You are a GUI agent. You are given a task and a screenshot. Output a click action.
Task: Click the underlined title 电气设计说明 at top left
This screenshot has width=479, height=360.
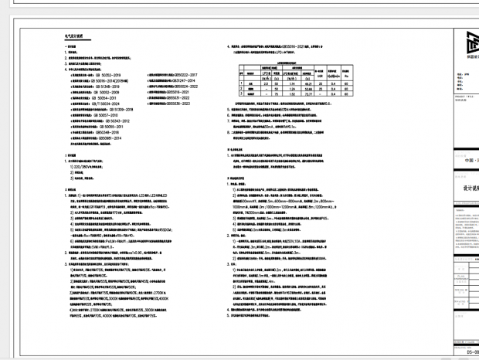tap(74, 36)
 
